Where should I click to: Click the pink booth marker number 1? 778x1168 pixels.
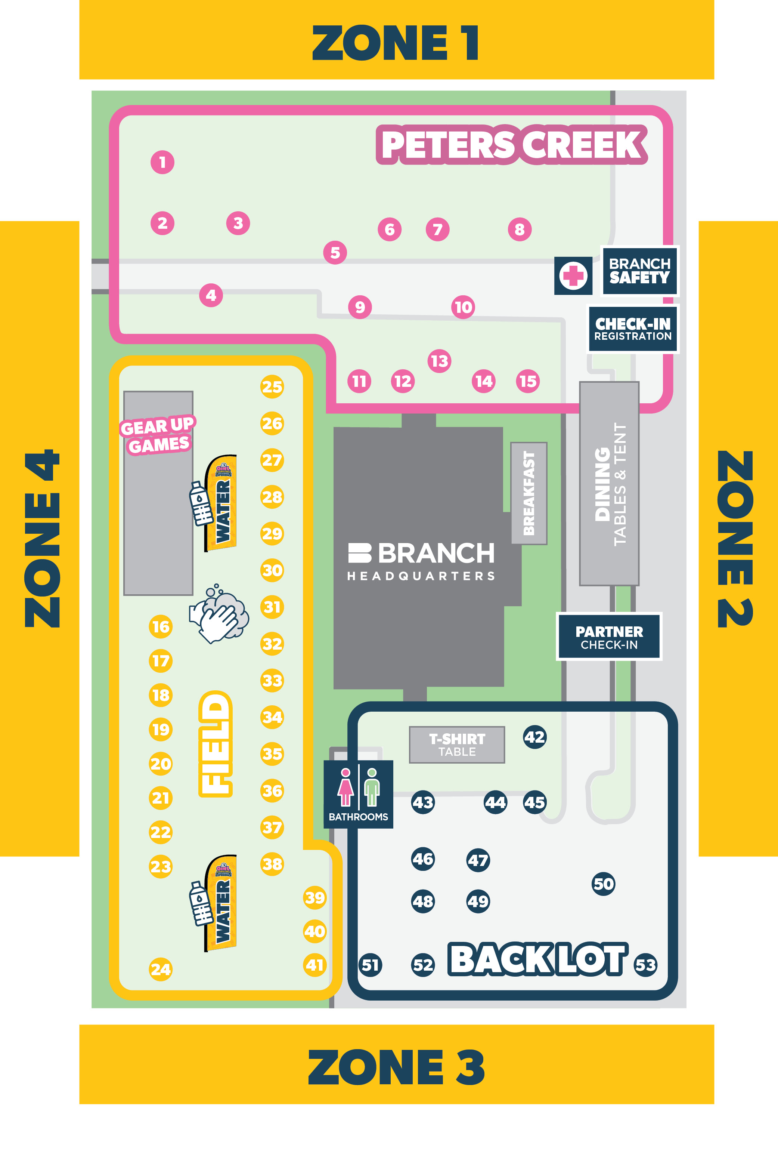[162, 162]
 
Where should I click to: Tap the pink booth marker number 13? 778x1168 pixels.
[439, 361]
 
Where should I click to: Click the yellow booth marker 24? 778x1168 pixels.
[161, 969]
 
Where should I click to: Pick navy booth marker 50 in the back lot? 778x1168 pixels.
[603, 884]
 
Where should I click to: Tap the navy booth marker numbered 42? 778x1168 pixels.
[534, 737]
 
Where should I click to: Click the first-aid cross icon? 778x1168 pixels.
[573, 275]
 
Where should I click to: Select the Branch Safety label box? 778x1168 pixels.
[639, 271]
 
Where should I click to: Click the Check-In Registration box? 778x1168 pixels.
[633, 329]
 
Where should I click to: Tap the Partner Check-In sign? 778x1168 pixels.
[609, 637]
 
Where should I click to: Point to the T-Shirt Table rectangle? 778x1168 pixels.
[456, 745]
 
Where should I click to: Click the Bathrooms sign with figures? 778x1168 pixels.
[358, 793]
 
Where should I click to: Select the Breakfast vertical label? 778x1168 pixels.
[529, 493]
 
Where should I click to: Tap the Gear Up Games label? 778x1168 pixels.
[158, 435]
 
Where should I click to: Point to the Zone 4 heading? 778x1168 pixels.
[42, 539]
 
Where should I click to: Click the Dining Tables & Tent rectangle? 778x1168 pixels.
[609, 484]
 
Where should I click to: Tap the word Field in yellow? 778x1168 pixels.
[216, 743]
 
